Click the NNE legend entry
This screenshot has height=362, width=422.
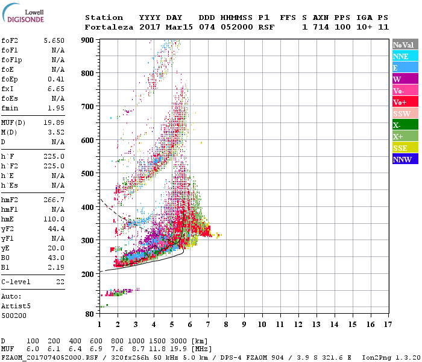pos(405,56)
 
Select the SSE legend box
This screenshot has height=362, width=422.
pos(405,148)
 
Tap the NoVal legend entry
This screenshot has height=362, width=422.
pos(405,45)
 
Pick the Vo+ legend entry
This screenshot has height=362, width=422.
pos(405,102)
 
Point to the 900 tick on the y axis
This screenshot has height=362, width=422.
pos(91,40)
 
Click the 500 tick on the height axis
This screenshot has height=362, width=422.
pos(91,174)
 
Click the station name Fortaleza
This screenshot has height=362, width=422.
pos(109,27)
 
